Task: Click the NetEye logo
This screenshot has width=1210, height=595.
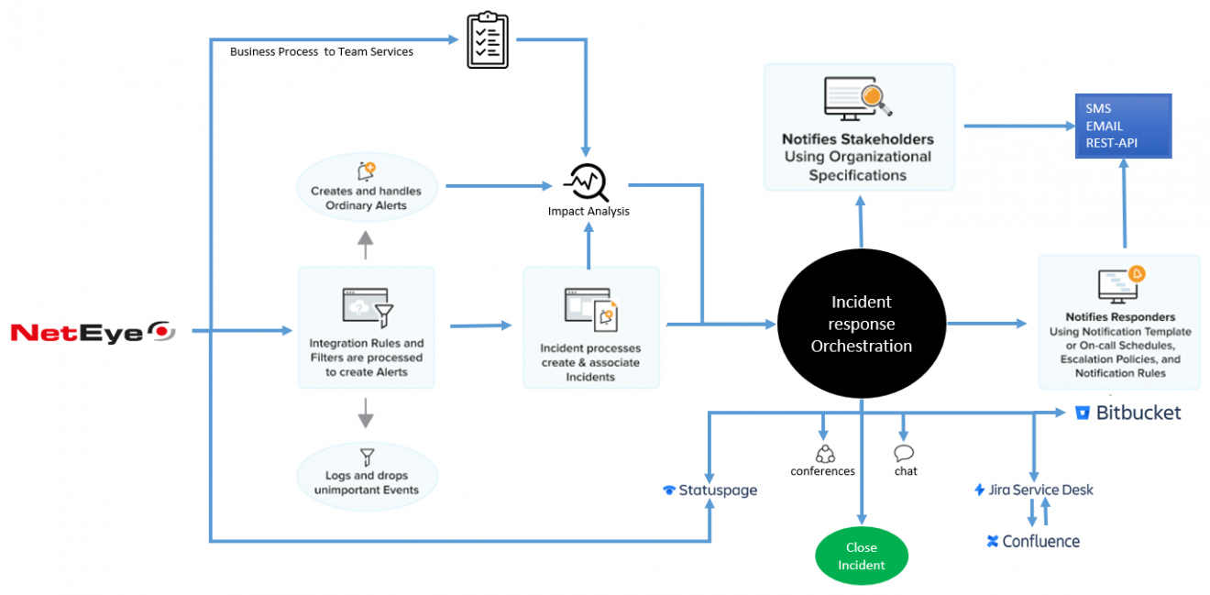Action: click(x=93, y=331)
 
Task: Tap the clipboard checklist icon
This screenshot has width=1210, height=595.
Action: click(x=487, y=39)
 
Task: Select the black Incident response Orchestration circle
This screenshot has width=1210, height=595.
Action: click(x=861, y=324)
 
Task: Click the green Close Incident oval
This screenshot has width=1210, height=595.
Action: click(x=861, y=556)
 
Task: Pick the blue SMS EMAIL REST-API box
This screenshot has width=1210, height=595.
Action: click(x=1123, y=126)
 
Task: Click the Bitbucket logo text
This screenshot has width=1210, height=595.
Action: click(x=1128, y=413)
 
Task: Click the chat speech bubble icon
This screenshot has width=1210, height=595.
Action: click(x=904, y=453)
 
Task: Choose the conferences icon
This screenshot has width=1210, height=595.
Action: click(x=824, y=453)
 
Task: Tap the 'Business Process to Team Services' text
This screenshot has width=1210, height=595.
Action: click(x=321, y=52)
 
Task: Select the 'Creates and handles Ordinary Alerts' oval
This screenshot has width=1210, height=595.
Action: click(x=367, y=191)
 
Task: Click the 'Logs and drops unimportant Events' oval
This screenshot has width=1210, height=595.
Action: click(x=367, y=476)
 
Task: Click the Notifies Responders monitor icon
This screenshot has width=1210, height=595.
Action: click(x=1119, y=285)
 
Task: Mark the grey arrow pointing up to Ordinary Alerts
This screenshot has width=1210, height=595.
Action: click(x=366, y=244)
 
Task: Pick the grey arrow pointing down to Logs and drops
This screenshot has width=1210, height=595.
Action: click(x=366, y=413)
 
